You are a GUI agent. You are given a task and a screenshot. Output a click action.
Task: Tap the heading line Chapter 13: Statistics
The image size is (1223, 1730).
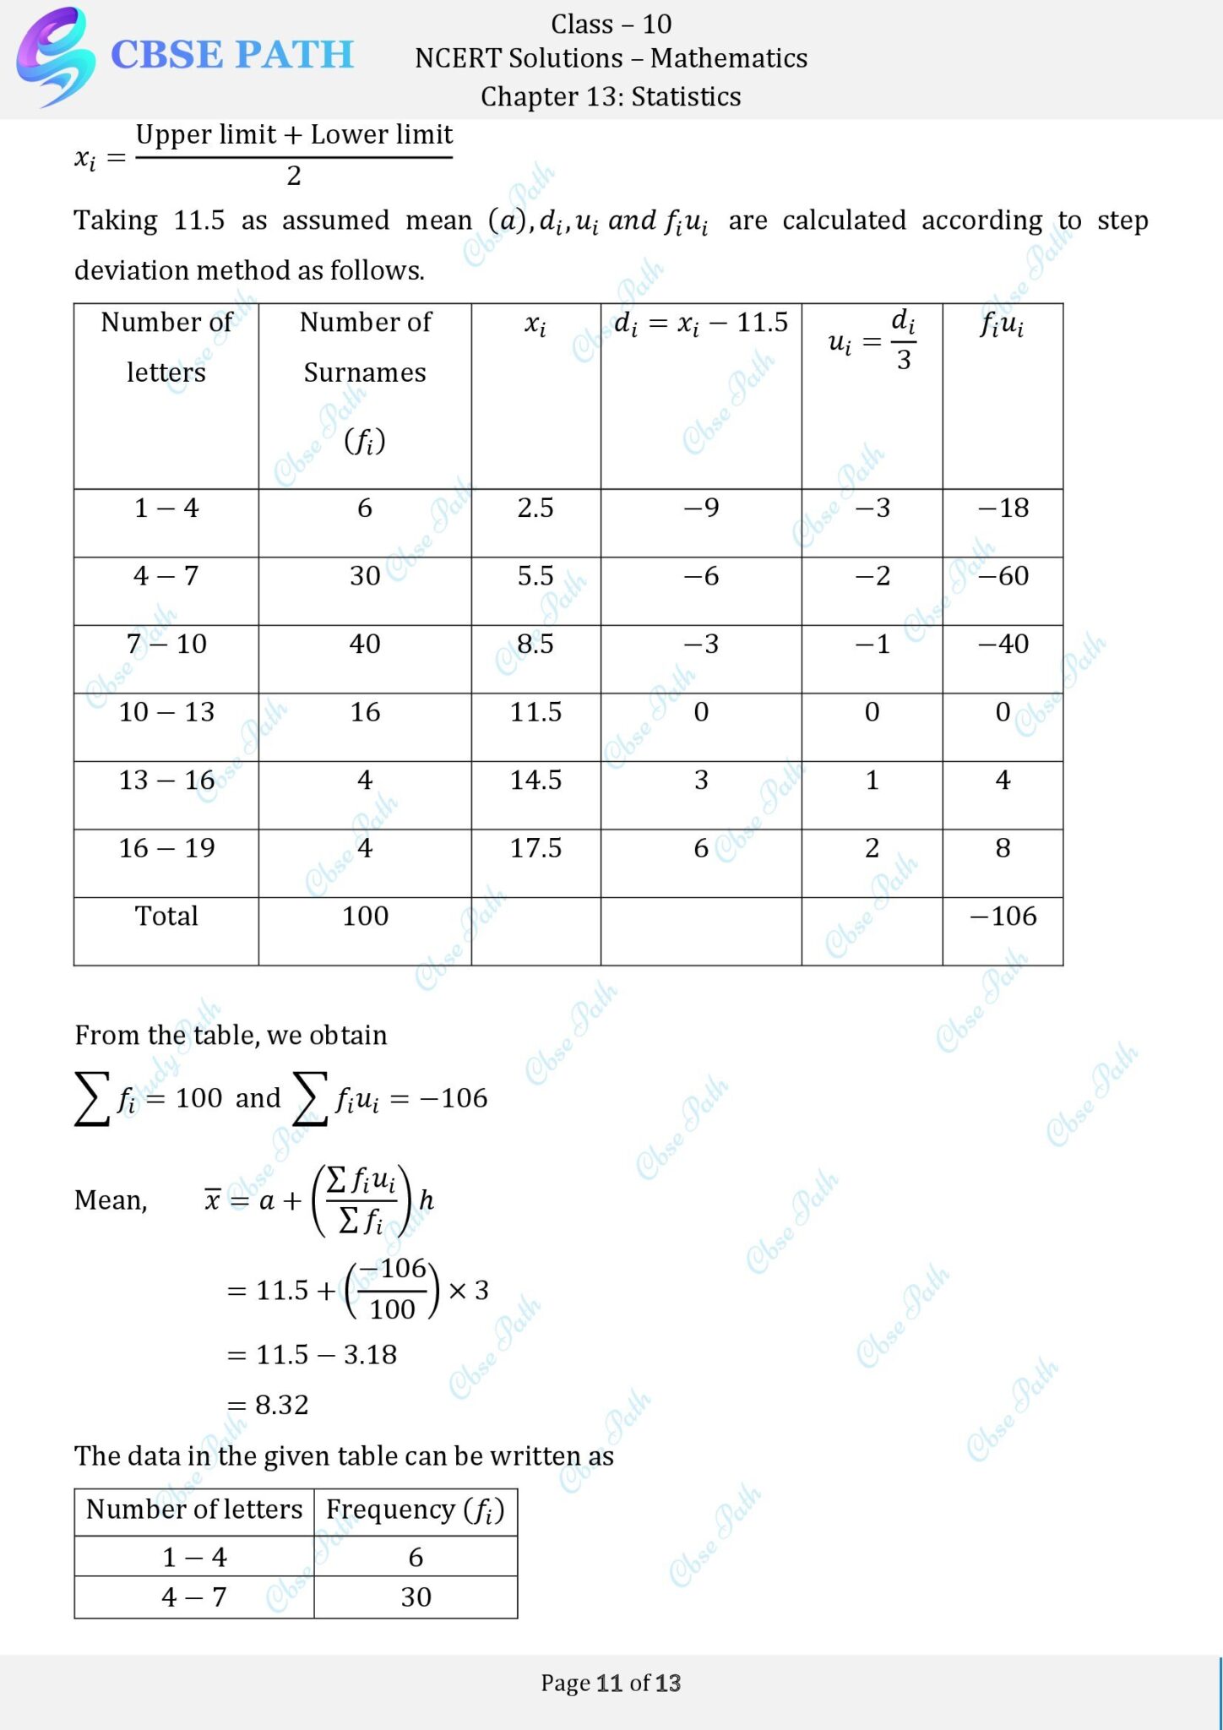pos(611,97)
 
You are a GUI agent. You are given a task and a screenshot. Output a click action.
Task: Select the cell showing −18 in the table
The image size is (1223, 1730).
pos(1003,508)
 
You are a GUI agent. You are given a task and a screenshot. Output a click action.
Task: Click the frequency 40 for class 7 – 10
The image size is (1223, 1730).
pos(365,644)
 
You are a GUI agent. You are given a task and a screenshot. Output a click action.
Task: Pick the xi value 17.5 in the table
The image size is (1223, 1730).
pos(535,848)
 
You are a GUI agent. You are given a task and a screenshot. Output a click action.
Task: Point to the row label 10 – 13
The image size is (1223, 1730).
pos(166,712)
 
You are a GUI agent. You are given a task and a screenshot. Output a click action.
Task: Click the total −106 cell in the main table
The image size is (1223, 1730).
pos(1003,917)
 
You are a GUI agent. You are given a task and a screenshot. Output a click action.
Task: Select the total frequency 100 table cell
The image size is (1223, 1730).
pos(365,917)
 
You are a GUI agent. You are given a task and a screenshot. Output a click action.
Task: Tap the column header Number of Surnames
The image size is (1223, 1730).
pos(365,347)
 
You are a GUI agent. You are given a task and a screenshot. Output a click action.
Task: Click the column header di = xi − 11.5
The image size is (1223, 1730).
pos(701,323)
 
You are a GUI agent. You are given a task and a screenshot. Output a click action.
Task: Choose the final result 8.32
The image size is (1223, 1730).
pos(282,1405)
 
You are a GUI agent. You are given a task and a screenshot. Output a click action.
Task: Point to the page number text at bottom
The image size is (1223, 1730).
pos(611,1683)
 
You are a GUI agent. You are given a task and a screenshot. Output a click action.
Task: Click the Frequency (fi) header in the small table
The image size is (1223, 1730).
pos(416,1510)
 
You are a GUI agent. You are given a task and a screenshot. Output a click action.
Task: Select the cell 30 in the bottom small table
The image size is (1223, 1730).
pos(416,1597)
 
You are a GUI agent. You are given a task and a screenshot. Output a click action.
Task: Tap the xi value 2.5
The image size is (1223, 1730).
pos(535,508)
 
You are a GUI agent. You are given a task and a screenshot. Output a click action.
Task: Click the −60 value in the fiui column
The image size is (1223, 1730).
pos(1003,576)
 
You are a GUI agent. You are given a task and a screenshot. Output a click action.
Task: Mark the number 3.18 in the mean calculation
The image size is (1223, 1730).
pos(370,1355)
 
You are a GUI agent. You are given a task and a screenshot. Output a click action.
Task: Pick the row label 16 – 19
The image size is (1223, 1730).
pos(166,848)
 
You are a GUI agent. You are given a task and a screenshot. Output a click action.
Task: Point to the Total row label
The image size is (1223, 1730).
pos(166,917)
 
